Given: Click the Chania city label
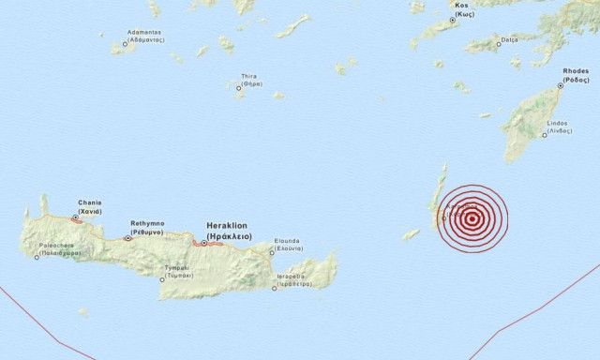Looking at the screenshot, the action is click(x=91, y=205).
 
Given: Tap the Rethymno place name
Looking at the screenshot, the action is click(x=147, y=227).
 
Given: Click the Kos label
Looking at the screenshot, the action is click(x=460, y=9).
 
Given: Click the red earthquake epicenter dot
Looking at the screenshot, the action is click(x=472, y=219).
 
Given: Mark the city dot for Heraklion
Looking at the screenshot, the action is click(x=204, y=243).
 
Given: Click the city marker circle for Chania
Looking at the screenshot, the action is click(x=75, y=217).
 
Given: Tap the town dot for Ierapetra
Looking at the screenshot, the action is click(x=275, y=288).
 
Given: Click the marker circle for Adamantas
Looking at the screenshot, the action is click(x=125, y=44).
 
